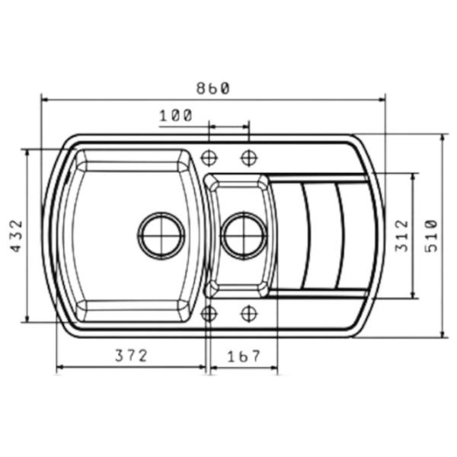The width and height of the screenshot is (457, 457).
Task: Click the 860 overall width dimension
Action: [213, 88]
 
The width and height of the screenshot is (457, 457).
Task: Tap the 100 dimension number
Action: [176, 116]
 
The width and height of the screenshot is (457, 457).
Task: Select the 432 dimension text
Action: [17, 236]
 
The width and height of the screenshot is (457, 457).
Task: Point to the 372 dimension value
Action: [131, 356]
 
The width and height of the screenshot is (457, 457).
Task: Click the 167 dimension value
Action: [244, 356]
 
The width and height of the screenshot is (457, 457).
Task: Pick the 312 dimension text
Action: [401, 236]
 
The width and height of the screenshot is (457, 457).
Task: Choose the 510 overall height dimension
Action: [431, 236]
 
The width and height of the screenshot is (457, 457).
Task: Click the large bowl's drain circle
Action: [161, 235]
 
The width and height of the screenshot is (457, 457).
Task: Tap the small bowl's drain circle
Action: [244, 235]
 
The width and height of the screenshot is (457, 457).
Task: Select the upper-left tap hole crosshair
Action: [209, 158]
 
